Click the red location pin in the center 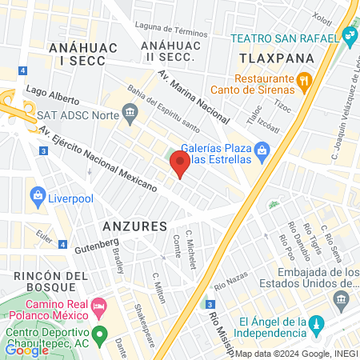(179, 165)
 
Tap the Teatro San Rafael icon (349, 35)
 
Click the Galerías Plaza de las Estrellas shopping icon (261, 149)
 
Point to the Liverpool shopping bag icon (37, 195)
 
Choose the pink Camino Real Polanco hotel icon (99, 306)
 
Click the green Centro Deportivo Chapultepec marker (99, 334)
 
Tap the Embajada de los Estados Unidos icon (342, 300)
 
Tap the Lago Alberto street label (52, 96)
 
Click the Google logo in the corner (26, 350)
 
